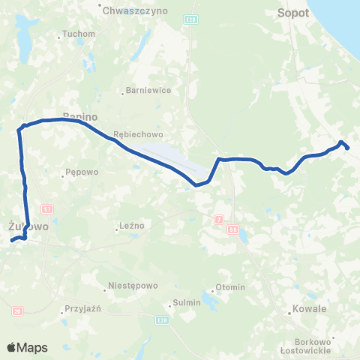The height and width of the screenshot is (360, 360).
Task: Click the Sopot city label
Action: pos(293,13)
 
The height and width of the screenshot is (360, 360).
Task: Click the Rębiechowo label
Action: pos(133,135)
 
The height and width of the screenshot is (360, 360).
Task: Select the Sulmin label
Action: pos(187,302)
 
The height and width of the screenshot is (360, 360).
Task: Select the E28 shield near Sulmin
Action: pos(162,319)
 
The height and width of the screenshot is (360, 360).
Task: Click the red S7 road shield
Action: pos(47,208)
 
